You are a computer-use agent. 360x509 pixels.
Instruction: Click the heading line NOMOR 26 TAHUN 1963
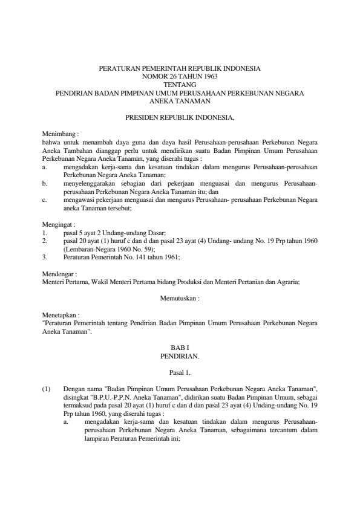click(x=180, y=77)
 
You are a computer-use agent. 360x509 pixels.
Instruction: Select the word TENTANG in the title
click(x=180, y=85)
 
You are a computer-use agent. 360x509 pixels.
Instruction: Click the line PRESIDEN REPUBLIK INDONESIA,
click(x=180, y=115)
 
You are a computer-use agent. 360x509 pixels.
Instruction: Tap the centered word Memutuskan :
click(x=180, y=299)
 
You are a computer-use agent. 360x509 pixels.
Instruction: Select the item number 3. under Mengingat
click(x=45, y=256)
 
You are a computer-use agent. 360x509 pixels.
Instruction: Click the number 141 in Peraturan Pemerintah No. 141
click(x=143, y=256)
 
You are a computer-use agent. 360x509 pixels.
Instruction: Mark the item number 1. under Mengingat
click(x=45, y=232)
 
